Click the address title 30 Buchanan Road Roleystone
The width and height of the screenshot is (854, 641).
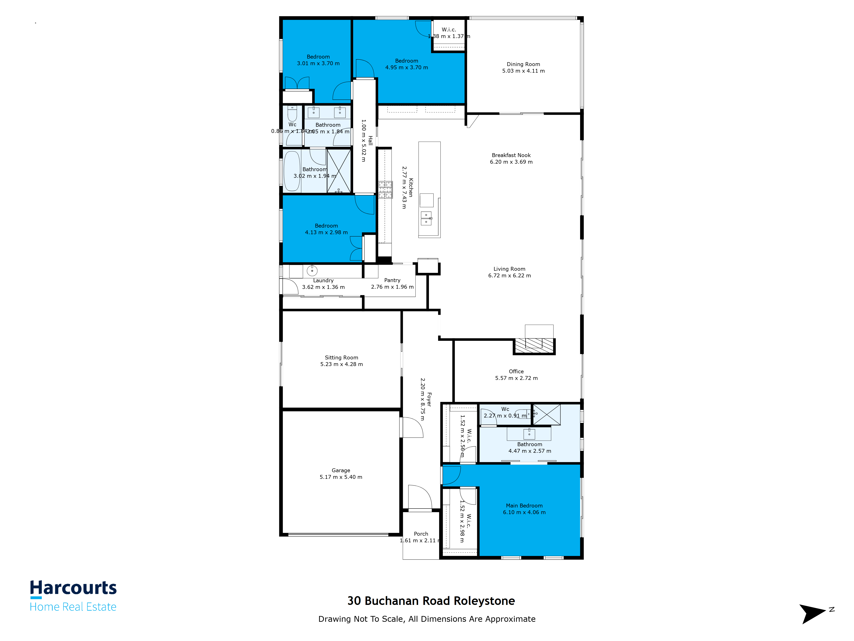pyautogui.click(x=431, y=601)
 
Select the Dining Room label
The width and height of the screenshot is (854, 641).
pyautogui.click(x=523, y=64)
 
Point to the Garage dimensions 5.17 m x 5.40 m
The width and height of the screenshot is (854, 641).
pyautogui.click(x=341, y=477)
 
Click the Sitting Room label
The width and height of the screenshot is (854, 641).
pyautogui.click(x=341, y=357)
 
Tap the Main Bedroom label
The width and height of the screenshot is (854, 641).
pyautogui.click(x=524, y=506)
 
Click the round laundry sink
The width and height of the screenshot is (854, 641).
pyautogui.click(x=312, y=271)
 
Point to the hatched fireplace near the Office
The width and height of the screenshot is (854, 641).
pyautogui.click(x=534, y=346)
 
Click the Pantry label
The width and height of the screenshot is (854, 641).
pyautogui.click(x=392, y=280)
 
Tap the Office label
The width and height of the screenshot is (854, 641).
pyautogui.click(x=516, y=371)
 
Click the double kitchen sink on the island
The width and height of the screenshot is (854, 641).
pyautogui.click(x=426, y=218)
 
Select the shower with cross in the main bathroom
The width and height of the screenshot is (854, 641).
pyautogui.click(x=547, y=415)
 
